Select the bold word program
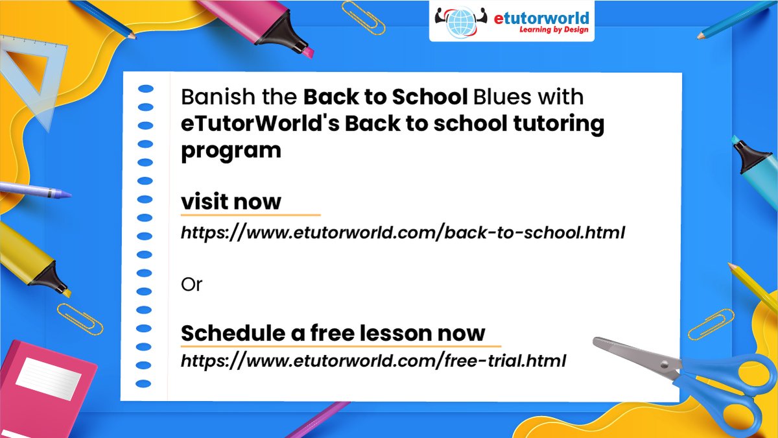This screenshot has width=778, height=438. coord(231,151)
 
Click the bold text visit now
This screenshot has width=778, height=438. coord(231,201)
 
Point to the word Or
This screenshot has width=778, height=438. coord(191,284)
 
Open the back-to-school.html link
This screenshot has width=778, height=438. coord(402,233)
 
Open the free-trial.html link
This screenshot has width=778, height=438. coord(373,360)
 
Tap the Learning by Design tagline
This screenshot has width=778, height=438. coord(555,29)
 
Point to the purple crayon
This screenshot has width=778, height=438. coord(32,190)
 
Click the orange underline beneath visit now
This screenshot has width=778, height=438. coord(250,214)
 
